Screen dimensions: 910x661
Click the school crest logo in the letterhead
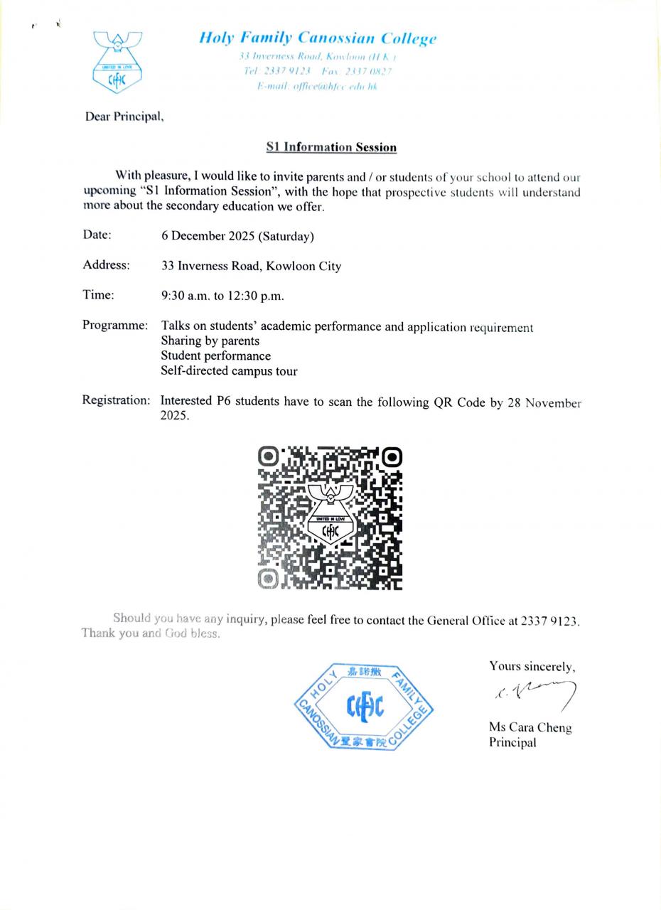[117, 62]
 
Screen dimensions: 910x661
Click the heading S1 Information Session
[331, 147]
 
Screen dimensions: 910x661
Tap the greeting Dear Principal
[124, 117]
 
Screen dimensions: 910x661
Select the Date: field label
[97, 235]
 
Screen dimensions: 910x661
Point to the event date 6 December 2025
[237, 236]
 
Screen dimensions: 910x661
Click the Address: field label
[107, 265]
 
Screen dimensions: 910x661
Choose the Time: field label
[99, 295]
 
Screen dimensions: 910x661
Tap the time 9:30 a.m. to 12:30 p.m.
[222, 296]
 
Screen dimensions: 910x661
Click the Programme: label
[115, 326]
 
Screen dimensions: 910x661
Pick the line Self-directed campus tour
[229, 371]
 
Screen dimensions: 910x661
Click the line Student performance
[216, 356]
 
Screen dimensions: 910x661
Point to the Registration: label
[117, 400]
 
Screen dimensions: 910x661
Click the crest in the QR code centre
[330, 515]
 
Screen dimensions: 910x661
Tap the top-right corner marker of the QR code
[392, 456]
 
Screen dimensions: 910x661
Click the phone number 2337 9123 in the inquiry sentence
[549, 620]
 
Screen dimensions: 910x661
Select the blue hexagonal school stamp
[364, 706]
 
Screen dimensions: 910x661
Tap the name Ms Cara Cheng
[530, 727]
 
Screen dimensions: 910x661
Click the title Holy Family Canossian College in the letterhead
[318, 38]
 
